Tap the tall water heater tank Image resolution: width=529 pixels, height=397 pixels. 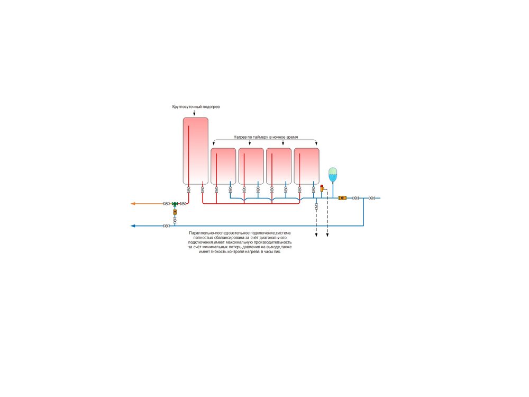pyautogui.click(x=196, y=151)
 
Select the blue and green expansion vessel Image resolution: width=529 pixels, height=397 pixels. pyautogui.click(x=333, y=175)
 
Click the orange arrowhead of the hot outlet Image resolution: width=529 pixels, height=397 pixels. pyautogui.click(x=133, y=204)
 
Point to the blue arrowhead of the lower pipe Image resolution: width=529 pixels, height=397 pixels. pyautogui.click(x=133, y=226)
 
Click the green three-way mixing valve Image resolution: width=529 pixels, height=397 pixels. pyautogui.click(x=175, y=204)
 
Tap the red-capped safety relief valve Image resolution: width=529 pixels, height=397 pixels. pyautogui.click(x=322, y=188)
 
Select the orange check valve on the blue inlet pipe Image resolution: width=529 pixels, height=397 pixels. pyautogui.click(x=342, y=198)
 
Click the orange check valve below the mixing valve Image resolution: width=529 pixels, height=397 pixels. pyautogui.click(x=175, y=212)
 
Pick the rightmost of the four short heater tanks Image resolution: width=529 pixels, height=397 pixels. pyautogui.click(x=307, y=166)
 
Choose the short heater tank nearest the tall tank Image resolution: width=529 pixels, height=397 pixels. pyautogui.click(x=223, y=166)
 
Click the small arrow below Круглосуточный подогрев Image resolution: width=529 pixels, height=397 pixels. pyautogui.click(x=194, y=112)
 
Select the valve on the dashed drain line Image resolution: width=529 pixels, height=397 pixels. pyautogui.click(x=316, y=206)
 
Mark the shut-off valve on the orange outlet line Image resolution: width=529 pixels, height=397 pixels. pyautogui.click(x=166, y=204)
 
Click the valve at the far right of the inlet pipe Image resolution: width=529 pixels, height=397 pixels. pyautogui.click(x=372, y=198)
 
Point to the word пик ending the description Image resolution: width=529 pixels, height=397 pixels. pyautogui.click(x=277, y=251)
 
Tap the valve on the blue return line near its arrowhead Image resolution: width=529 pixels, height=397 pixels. pyautogui.click(x=166, y=226)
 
